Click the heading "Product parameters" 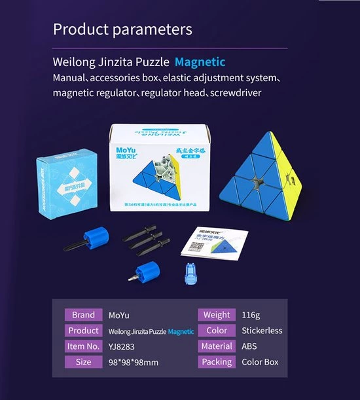click(122, 29)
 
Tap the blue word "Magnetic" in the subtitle click(200, 63)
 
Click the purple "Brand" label click(83, 315)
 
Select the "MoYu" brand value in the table click(118, 316)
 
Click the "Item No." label click(83, 346)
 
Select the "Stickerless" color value click(262, 331)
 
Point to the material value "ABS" click(250, 346)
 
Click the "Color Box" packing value click(260, 362)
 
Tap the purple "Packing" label click(217, 362)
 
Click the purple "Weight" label click(217, 315)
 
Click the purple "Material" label click(217, 346)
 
